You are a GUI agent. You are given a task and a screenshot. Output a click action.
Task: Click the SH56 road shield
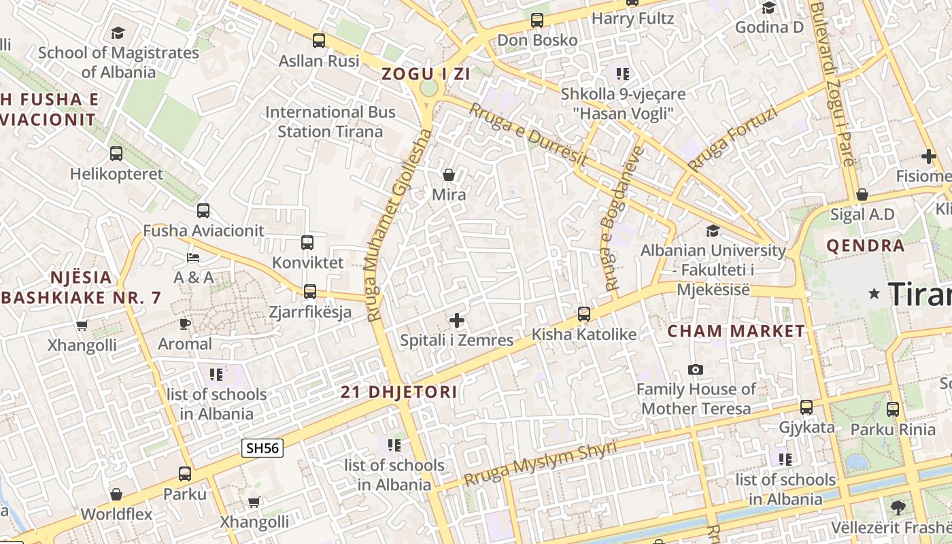click(x=262, y=448)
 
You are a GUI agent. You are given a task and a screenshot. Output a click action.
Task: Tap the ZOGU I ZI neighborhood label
click(x=426, y=74)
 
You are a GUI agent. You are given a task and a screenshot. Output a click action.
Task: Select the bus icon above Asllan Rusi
click(x=319, y=41)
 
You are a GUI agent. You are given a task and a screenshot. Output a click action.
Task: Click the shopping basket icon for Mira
click(x=449, y=175)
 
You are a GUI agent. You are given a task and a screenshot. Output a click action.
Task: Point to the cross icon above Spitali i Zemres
click(x=457, y=320)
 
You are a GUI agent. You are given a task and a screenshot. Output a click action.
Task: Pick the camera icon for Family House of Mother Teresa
click(x=695, y=369)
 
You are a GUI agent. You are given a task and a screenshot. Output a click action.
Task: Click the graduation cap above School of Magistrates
click(x=118, y=33)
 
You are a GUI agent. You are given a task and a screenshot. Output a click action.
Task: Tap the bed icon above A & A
click(x=193, y=258)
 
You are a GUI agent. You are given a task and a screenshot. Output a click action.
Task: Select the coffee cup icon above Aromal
click(x=185, y=324)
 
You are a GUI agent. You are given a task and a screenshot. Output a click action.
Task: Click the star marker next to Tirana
click(x=874, y=294)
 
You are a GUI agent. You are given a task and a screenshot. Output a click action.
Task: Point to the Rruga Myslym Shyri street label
click(x=540, y=463)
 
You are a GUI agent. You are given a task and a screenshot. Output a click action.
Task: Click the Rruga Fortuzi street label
click(x=732, y=139)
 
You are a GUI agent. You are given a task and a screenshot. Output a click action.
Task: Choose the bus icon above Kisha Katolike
click(x=583, y=314)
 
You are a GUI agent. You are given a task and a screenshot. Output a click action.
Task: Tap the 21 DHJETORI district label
click(x=399, y=392)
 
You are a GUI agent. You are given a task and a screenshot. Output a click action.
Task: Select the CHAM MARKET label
click(x=736, y=332)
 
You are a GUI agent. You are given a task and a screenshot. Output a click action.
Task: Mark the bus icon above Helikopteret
click(x=116, y=154)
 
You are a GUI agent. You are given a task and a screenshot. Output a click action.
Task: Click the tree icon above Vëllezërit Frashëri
click(x=898, y=507)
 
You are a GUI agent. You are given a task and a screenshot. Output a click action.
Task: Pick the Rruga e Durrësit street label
click(x=528, y=134)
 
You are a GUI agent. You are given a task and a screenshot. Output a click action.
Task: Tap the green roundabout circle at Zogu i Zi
click(x=428, y=88)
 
